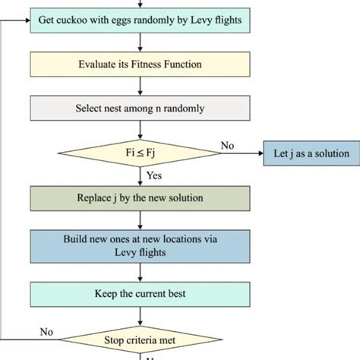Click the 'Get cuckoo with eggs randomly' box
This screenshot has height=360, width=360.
point(140,21)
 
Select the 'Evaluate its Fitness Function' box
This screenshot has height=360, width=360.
point(140,65)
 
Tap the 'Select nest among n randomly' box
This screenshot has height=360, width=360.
point(140,108)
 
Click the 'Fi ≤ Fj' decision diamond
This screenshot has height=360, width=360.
point(140,153)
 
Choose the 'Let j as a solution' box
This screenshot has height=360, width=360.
point(311,153)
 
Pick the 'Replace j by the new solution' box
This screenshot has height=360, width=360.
point(140,198)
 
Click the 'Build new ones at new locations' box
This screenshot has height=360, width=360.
point(140,246)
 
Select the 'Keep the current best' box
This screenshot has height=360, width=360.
point(140,295)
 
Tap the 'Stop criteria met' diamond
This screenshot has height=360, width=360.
point(141,339)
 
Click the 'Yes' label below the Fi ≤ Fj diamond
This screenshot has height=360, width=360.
point(154,175)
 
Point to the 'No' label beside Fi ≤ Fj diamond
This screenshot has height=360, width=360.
point(227,146)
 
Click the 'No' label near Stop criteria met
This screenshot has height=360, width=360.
point(46,332)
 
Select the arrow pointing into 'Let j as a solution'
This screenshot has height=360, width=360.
point(242,153)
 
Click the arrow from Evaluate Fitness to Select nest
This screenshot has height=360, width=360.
point(140,86)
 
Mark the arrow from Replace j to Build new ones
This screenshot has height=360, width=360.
point(140,220)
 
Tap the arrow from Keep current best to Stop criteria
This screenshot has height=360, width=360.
point(140,317)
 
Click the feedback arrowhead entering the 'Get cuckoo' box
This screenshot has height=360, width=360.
point(28,21)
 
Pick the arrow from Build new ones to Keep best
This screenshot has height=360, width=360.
point(140,273)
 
